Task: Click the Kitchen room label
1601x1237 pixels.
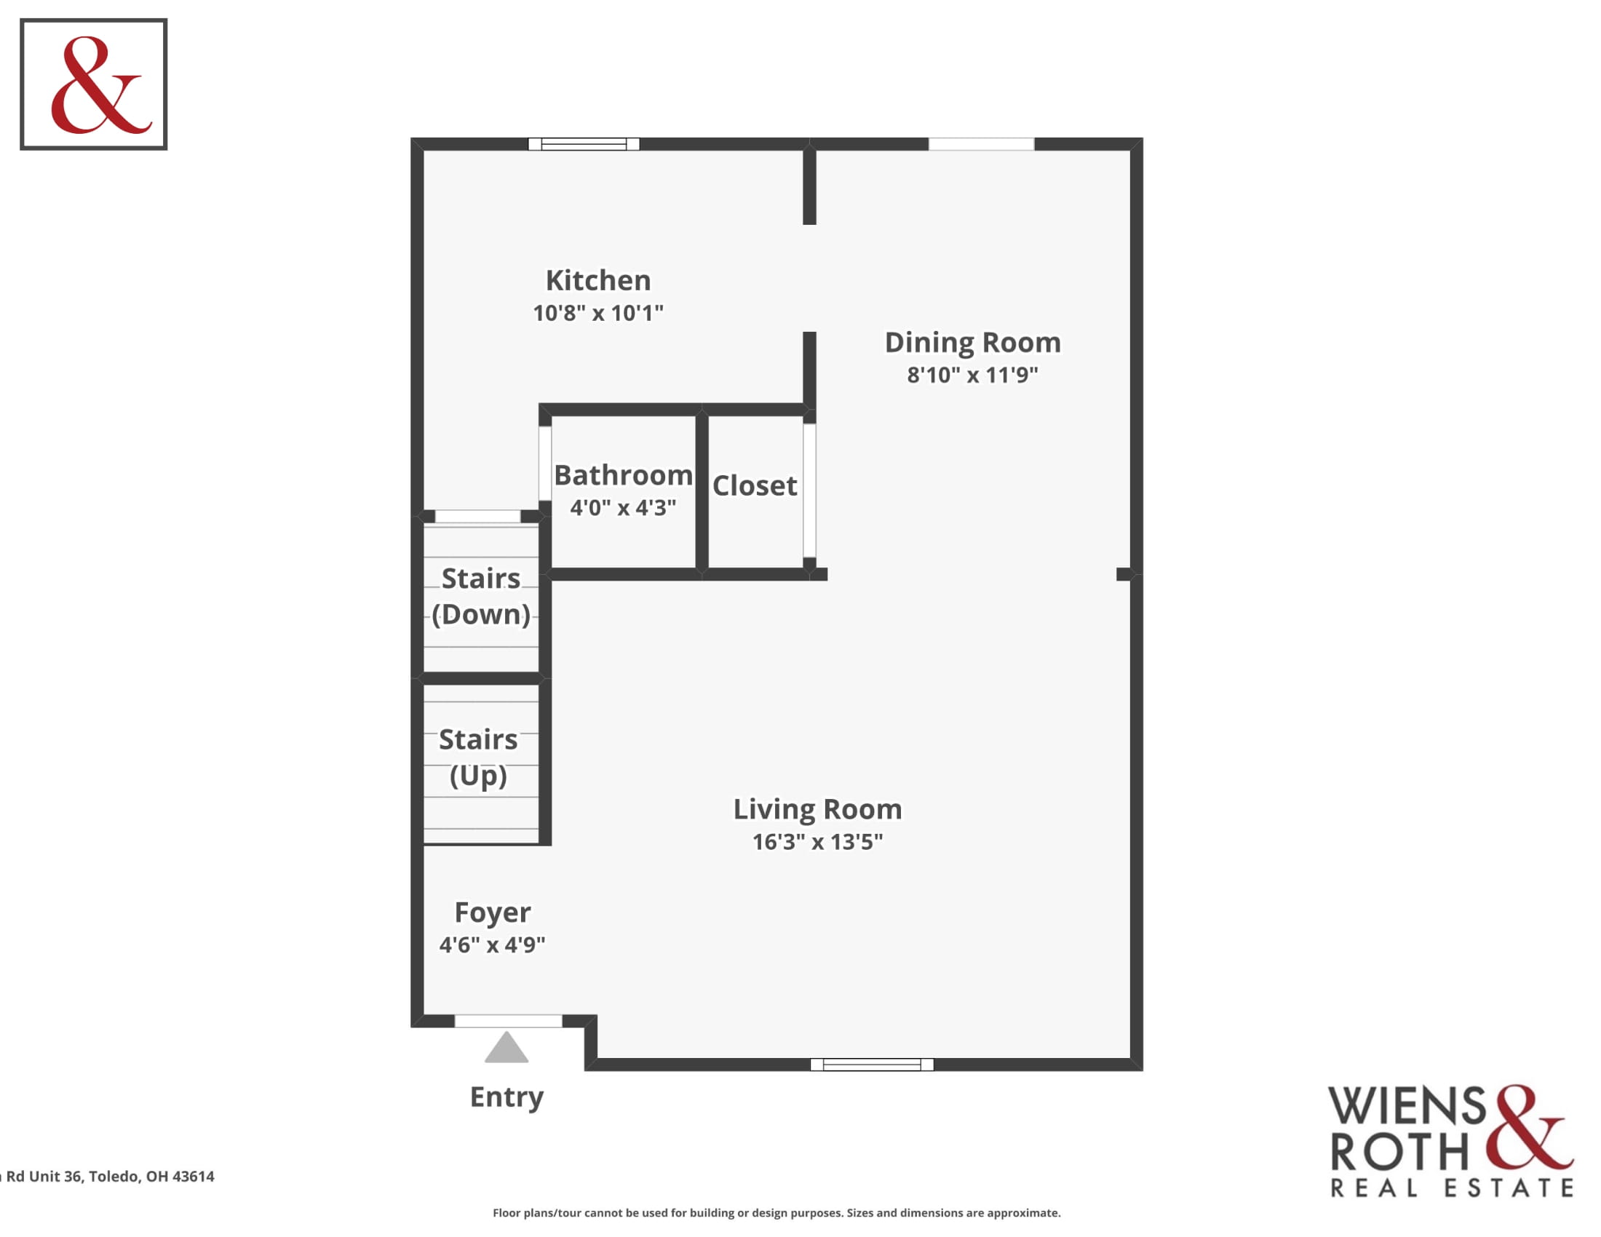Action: (597, 280)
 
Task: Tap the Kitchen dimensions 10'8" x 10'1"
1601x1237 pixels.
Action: (597, 313)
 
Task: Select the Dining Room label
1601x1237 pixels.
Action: (972, 342)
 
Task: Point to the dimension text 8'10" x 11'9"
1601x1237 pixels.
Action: (972, 375)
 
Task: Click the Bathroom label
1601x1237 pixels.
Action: (623, 475)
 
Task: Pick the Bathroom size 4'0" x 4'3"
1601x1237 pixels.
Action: (623, 507)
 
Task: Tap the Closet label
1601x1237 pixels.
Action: (755, 485)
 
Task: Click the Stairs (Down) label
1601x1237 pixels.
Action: (481, 596)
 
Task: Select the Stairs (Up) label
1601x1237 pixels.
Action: (478, 757)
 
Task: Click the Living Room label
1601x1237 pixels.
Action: (817, 809)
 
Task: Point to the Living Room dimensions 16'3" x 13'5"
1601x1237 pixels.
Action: (817, 841)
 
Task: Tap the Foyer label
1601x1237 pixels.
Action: (492, 912)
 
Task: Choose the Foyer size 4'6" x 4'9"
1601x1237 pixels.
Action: (492, 944)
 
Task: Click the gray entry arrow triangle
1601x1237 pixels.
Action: (506, 1049)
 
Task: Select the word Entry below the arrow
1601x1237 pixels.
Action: (506, 1097)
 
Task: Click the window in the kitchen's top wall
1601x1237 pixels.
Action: (584, 143)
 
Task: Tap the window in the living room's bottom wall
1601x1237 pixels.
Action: (872, 1064)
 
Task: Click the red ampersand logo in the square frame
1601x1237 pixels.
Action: (99, 85)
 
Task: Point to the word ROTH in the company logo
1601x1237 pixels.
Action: (1399, 1151)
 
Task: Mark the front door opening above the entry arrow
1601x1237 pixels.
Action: (508, 1021)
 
